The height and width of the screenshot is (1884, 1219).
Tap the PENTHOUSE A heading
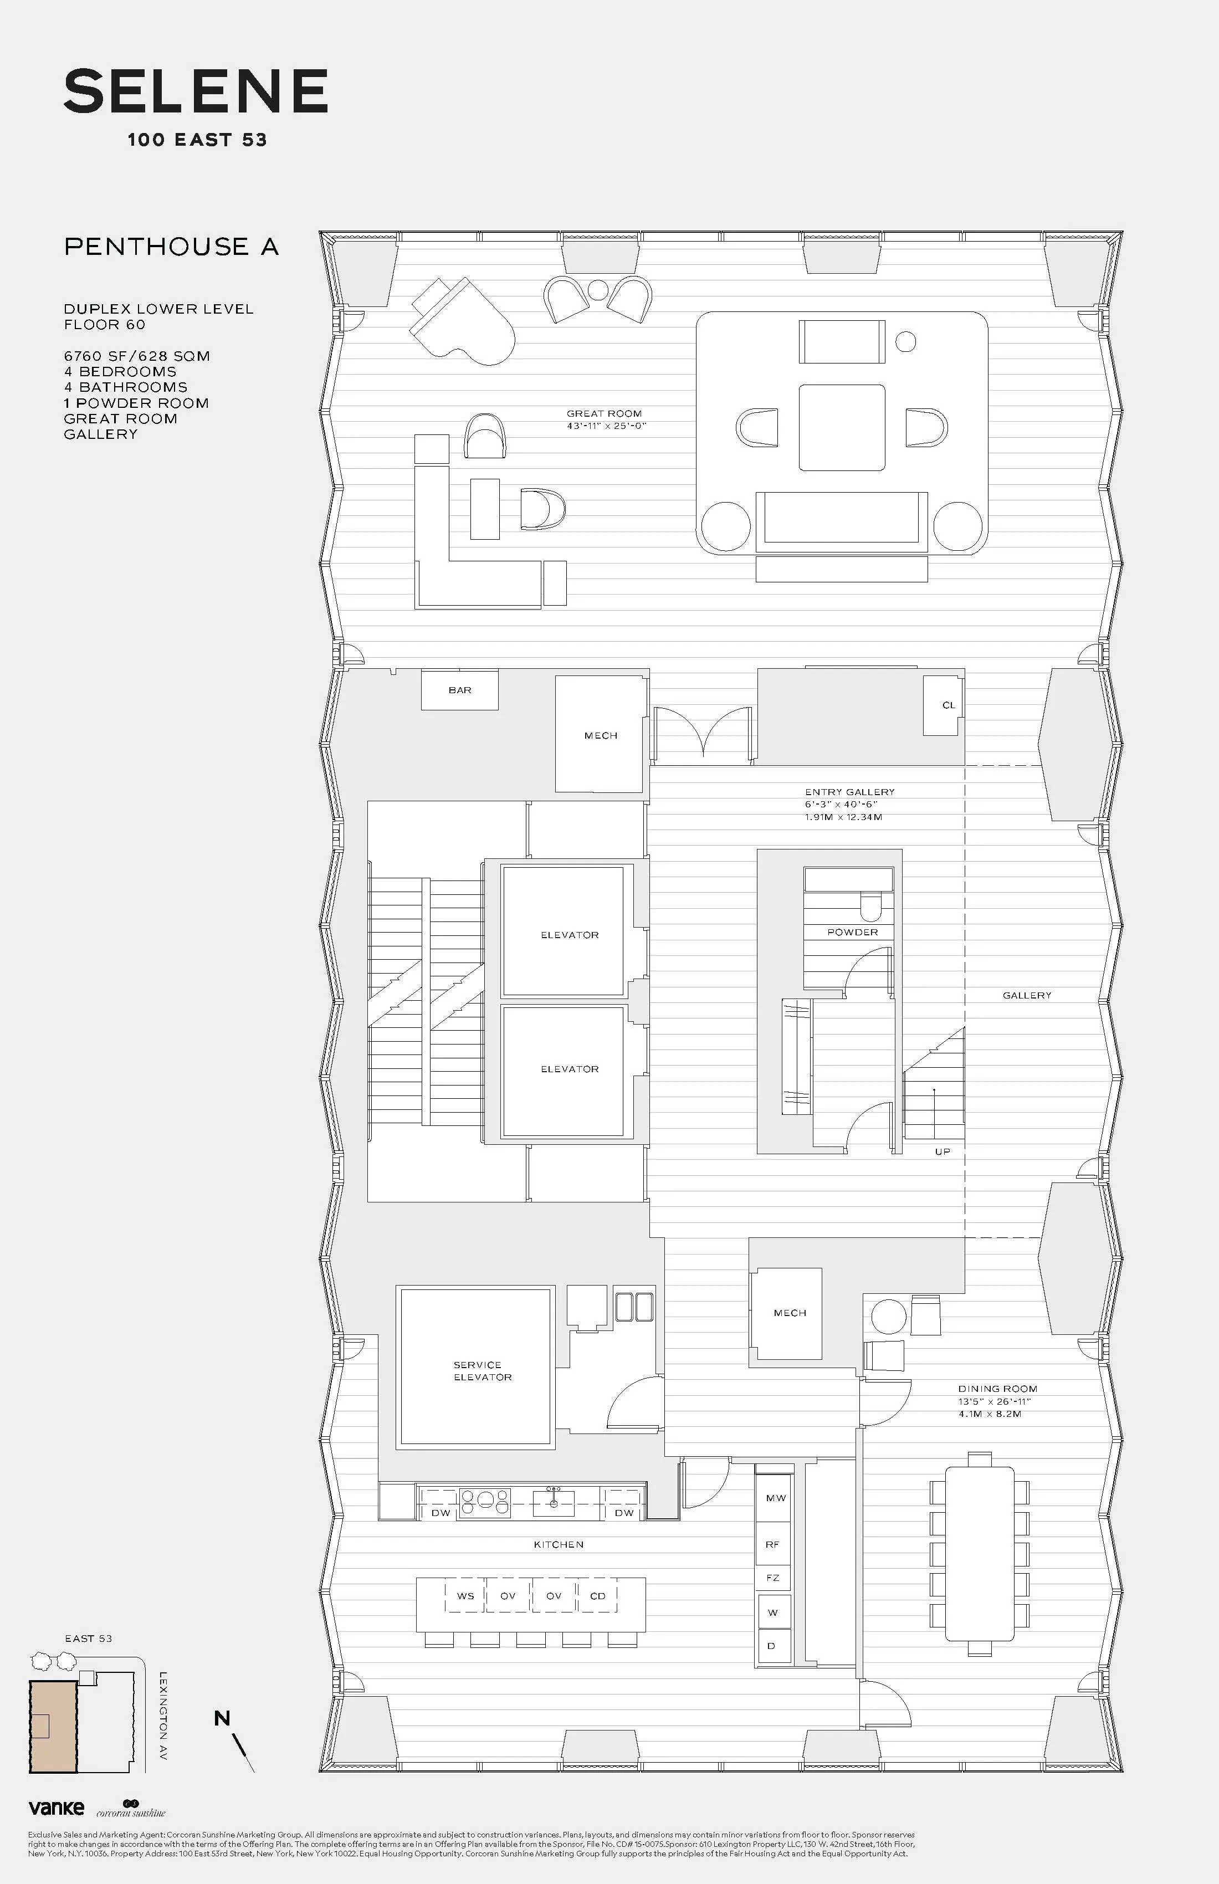tap(172, 247)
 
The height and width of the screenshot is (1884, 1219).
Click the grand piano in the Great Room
tap(463, 321)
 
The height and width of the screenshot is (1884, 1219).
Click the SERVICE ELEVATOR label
tap(482, 1371)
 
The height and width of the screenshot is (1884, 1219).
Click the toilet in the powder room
tap(869, 907)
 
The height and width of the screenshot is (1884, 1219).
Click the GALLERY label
tap(1027, 996)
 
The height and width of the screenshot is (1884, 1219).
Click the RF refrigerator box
tap(772, 1544)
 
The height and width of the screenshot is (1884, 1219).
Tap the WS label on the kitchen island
tap(465, 1596)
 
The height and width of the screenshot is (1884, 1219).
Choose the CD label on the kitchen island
tap(598, 1596)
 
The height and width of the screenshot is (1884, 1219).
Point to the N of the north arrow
tap(222, 1718)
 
